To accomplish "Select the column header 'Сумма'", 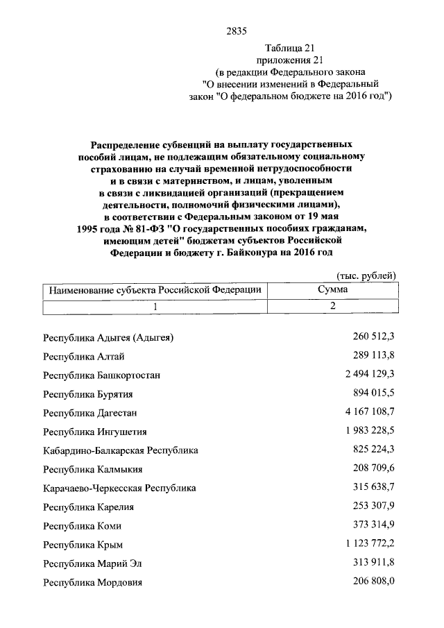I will (333, 290).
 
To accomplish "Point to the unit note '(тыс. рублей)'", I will (365, 275).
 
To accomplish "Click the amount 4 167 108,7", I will (361, 412).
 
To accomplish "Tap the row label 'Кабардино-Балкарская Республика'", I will (121, 450).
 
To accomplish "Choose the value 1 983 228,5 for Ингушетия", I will (361, 431).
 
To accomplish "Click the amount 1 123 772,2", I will (361, 544).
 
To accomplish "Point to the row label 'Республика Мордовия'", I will (92, 582).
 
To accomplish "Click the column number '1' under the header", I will (155, 307).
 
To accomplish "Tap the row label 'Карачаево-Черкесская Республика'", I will (119, 488).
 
